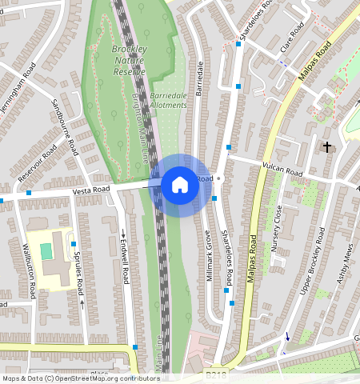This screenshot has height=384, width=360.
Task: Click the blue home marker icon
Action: click(180, 185)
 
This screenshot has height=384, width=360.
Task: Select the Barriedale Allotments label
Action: click(169, 100)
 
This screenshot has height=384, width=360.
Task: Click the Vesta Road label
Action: click(90, 190)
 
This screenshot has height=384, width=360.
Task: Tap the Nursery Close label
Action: click(276, 229)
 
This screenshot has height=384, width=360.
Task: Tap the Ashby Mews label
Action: click(345, 264)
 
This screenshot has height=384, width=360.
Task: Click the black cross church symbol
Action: click(326, 147)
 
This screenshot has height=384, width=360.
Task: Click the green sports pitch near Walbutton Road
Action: click(46, 250)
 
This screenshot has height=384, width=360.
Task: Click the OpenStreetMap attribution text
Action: click(81, 378)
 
